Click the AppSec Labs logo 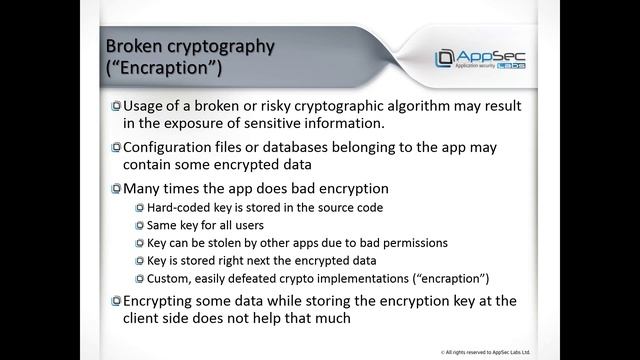tap(479, 57)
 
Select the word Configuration tap(173, 147)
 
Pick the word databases tap(298, 147)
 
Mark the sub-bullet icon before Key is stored tap(139, 260)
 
